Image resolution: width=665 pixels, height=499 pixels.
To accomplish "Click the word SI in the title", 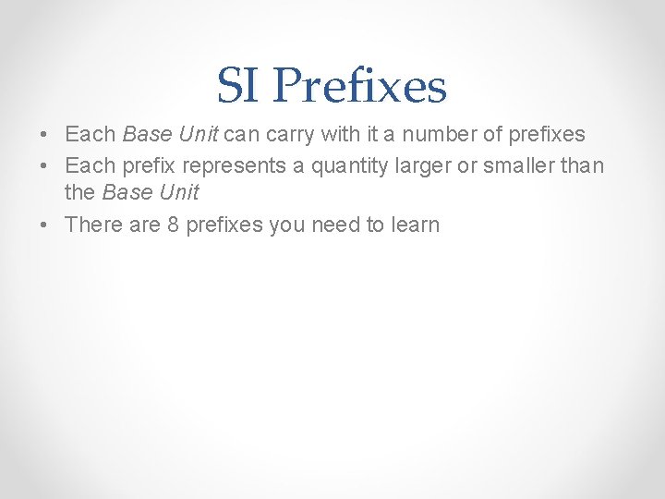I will pos(238,87).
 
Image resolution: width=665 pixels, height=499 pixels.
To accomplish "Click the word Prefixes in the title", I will pos(360,87).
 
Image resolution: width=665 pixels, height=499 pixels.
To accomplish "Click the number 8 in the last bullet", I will pos(173,225).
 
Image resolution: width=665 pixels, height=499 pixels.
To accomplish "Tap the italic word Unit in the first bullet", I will pos(197,135).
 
